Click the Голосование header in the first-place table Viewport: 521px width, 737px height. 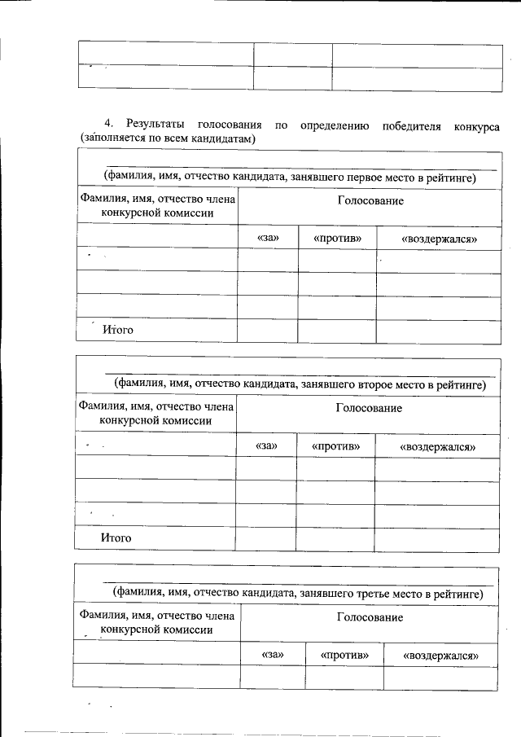[370, 200]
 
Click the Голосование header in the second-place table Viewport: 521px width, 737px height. [369, 408]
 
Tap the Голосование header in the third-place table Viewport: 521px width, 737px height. [370, 618]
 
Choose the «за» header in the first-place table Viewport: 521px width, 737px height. [268, 238]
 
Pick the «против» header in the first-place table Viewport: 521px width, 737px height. [336, 238]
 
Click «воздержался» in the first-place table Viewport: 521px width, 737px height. [439, 239]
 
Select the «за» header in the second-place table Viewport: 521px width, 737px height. [266, 446]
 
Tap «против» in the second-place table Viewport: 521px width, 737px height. [335, 446]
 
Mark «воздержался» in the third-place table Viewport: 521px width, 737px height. [441, 655]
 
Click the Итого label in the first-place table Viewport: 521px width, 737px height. [117, 330]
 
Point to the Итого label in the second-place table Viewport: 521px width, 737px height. [116, 538]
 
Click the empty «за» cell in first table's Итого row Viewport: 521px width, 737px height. [268, 331]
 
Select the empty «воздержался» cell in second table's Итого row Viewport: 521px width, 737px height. [437, 539]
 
